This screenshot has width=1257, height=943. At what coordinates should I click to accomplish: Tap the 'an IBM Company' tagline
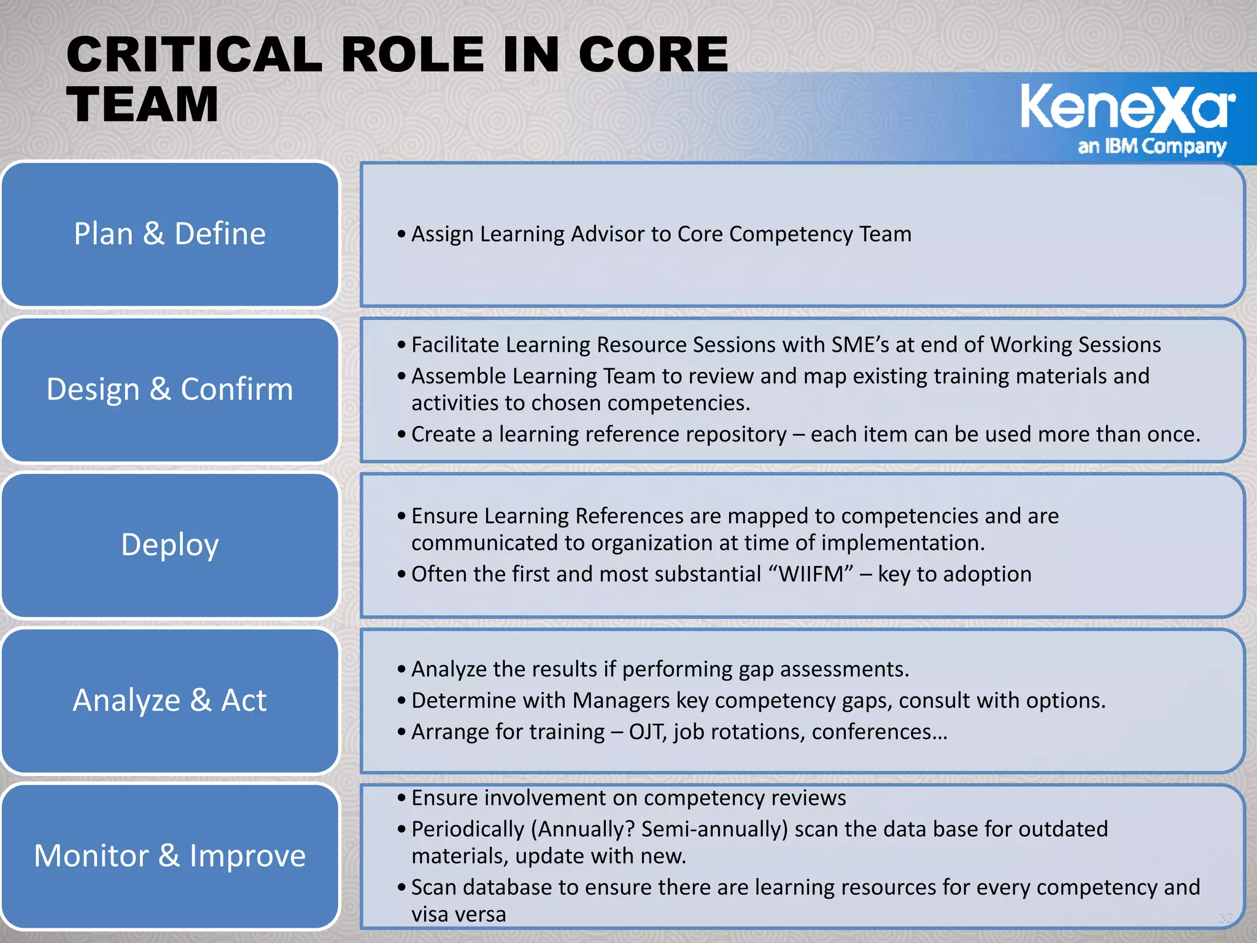click(1151, 147)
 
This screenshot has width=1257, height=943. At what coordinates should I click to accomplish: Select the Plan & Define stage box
click(170, 234)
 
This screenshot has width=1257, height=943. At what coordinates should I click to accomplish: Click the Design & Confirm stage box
click(170, 389)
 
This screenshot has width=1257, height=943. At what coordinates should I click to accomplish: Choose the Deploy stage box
click(170, 545)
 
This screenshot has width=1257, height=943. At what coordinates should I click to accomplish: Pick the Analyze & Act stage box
click(170, 700)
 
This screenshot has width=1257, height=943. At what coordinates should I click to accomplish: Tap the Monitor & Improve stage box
click(170, 856)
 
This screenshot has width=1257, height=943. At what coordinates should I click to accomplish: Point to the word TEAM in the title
click(142, 104)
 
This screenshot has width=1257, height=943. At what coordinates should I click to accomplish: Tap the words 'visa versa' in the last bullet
click(458, 914)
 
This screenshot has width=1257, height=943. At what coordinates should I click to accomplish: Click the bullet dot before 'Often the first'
click(401, 575)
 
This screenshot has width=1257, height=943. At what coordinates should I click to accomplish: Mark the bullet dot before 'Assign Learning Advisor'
click(401, 235)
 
